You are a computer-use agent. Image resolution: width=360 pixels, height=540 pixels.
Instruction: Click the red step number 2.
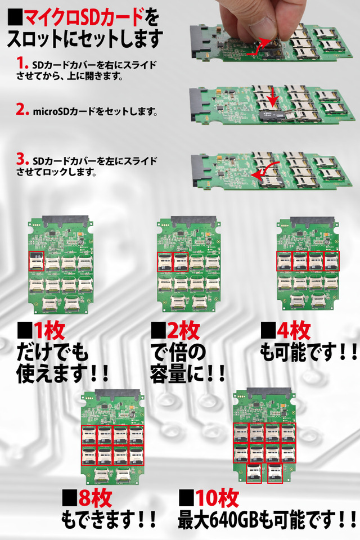(22, 110)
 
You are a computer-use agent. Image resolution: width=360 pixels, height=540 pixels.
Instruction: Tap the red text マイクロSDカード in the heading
(84, 18)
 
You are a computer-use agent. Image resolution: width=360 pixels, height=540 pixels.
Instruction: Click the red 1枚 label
(48, 331)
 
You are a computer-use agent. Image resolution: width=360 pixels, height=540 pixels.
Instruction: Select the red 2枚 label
(183, 331)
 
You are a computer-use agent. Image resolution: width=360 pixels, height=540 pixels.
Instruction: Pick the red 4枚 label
(294, 331)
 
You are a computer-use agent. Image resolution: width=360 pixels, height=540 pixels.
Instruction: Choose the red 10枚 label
(218, 498)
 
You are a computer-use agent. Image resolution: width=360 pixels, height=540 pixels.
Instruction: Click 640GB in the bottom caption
(234, 520)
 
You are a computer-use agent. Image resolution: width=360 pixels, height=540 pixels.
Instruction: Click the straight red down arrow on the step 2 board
(273, 97)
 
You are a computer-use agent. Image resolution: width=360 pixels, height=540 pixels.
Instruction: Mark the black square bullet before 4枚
(268, 331)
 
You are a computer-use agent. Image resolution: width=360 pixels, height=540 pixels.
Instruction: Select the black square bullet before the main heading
(15, 18)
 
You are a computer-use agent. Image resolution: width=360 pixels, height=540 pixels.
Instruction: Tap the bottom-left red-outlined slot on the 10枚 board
(254, 473)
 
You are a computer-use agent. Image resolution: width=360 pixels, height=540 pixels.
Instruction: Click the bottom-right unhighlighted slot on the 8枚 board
(123, 475)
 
